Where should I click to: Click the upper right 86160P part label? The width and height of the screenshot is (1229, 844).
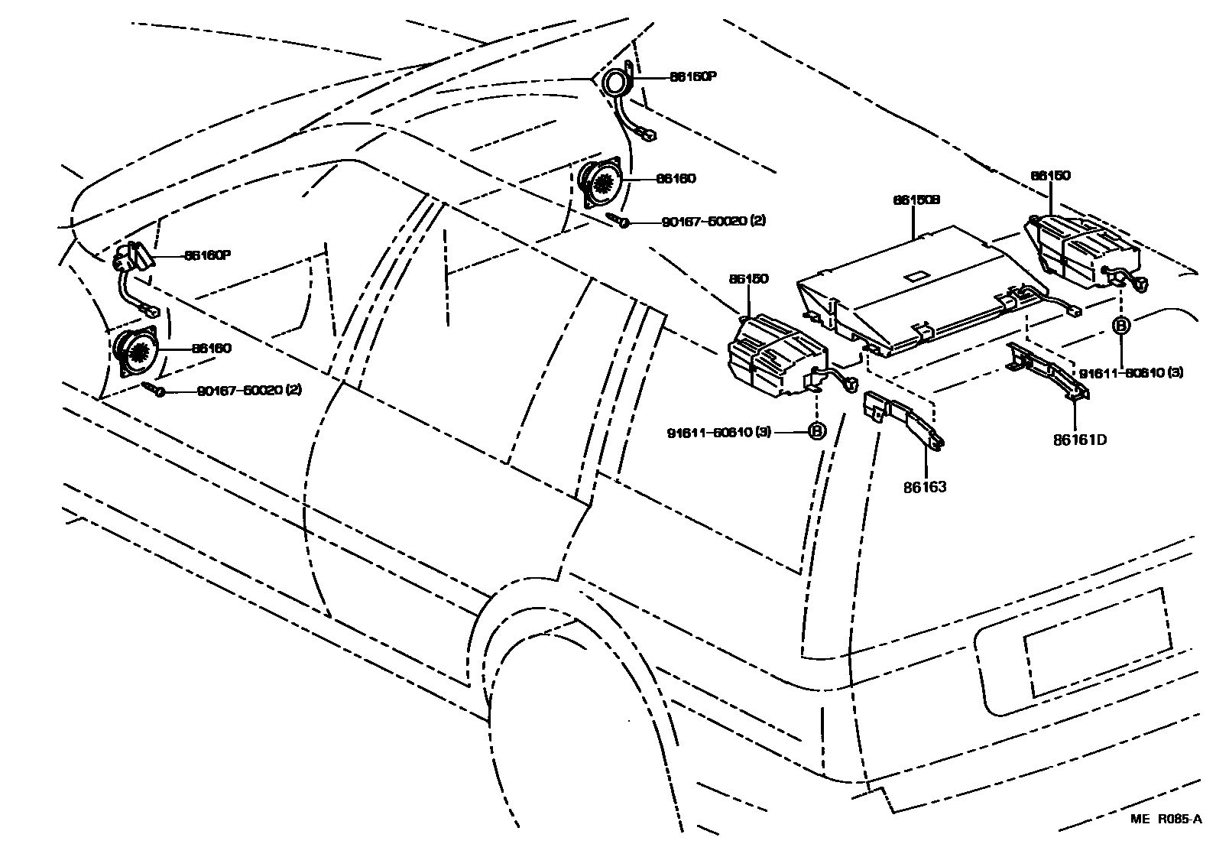click(693, 76)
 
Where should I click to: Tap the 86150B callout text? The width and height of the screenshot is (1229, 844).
click(916, 200)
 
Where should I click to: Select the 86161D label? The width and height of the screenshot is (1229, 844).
click(1080, 440)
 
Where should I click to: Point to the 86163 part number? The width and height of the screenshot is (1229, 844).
click(925, 486)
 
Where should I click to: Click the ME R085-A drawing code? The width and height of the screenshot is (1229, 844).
click(1166, 820)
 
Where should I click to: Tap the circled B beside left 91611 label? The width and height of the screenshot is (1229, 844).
click(817, 432)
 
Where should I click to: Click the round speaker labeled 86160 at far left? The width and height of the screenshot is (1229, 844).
click(138, 351)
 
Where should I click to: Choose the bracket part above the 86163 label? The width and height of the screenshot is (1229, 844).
click(902, 420)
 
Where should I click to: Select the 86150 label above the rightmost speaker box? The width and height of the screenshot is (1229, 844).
click(1050, 175)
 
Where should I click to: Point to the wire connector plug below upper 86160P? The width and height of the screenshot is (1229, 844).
click(648, 137)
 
